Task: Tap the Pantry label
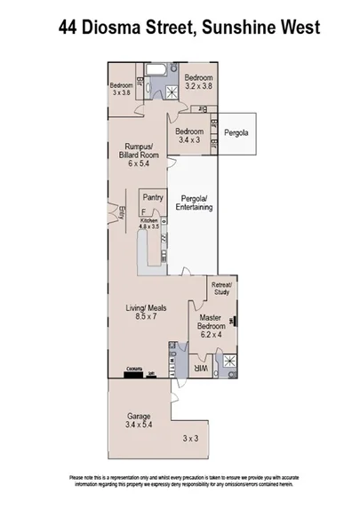[x=152, y=199]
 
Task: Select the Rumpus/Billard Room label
[x=139, y=155]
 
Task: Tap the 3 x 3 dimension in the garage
[x=189, y=439]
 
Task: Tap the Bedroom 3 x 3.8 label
[x=121, y=89]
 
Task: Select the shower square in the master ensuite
[x=229, y=362]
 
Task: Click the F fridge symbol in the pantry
[x=154, y=214]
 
